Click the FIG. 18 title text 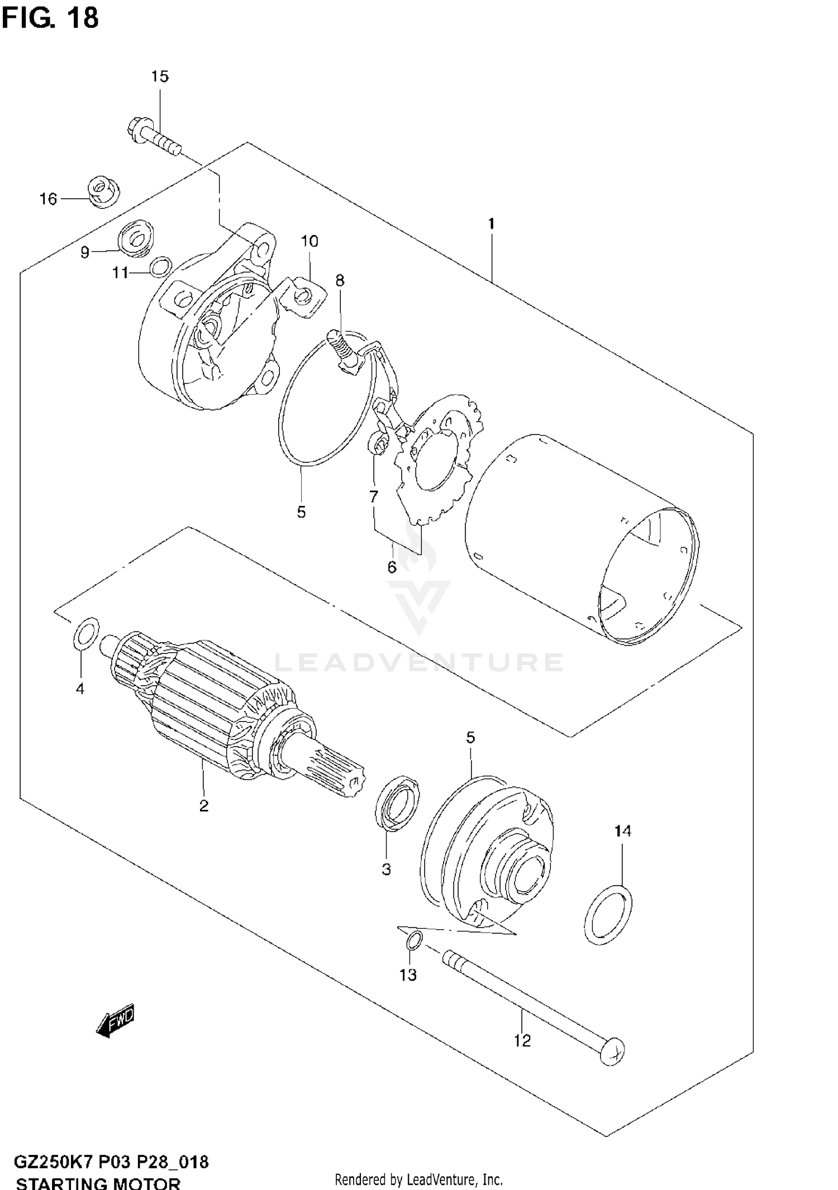coord(50,18)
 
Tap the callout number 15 coord(160,77)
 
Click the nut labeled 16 coord(104,193)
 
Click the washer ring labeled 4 coord(86,634)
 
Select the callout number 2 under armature coord(204,805)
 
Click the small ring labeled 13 coord(414,941)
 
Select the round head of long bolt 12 coord(612,1050)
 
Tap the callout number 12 coord(522,1040)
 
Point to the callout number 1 coord(491,224)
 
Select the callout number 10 coord(310,241)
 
